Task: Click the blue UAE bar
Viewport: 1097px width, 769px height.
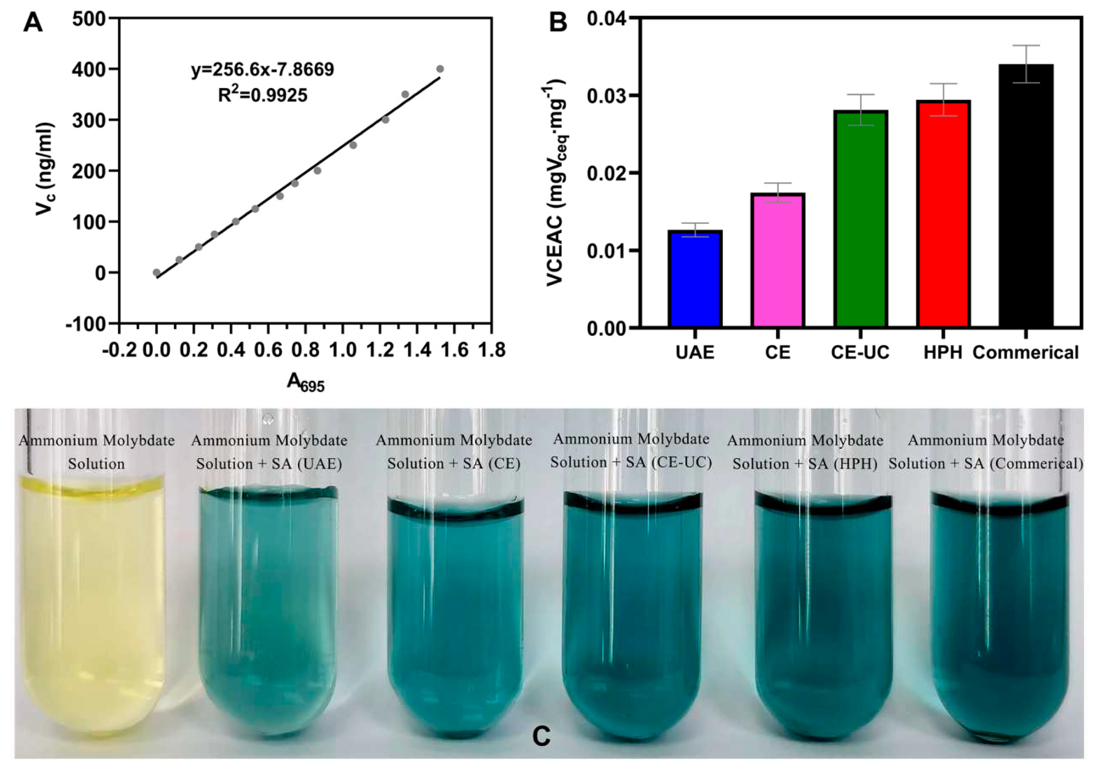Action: [x=695, y=279]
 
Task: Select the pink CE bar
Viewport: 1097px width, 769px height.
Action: [x=778, y=261]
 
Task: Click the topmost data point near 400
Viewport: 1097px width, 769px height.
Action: [x=440, y=69]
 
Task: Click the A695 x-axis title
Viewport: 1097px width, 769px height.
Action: [x=305, y=383]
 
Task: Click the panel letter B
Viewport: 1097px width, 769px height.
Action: [x=558, y=22]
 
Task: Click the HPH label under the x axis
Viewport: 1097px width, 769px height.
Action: [x=943, y=353]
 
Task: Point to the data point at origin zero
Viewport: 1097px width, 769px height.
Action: [x=156, y=272]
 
